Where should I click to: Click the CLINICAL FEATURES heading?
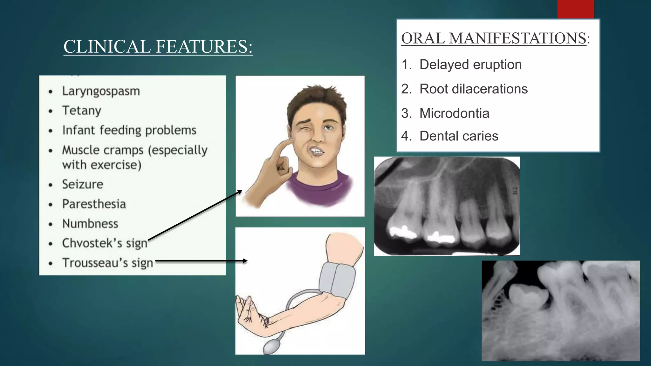[x=158, y=47]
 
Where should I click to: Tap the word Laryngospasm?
[x=101, y=91]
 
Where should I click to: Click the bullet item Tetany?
[x=82, y=111]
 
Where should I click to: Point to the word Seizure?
[x=83, y=184]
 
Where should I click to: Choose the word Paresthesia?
[x=94, y=204]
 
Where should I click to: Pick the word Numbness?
[x=90, y=224]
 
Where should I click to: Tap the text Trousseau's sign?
[x=108, y=263]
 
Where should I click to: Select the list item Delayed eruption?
[x=470, y=65]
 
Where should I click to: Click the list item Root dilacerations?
[x=473, y=89]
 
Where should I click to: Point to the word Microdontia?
[x=454, y=113]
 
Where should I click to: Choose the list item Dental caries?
[x=459, y=136]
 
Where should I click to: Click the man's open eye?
[x=328, y=128]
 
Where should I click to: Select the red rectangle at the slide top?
[x=575, y=9]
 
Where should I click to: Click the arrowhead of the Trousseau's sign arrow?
[x=245, y=261]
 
